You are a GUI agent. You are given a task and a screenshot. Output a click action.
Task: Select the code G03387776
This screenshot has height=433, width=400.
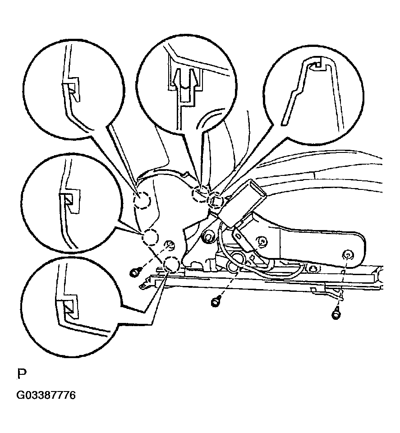46,396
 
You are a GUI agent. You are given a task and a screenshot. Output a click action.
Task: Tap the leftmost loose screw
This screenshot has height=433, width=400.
134,273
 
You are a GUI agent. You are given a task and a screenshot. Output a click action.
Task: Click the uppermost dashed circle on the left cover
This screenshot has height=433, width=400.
142,200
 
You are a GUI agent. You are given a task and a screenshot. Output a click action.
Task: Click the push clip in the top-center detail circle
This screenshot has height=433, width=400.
184,81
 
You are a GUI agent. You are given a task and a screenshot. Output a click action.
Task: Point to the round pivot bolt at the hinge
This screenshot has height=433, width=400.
208,236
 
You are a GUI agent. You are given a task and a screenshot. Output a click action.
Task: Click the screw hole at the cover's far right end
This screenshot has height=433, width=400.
348,255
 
